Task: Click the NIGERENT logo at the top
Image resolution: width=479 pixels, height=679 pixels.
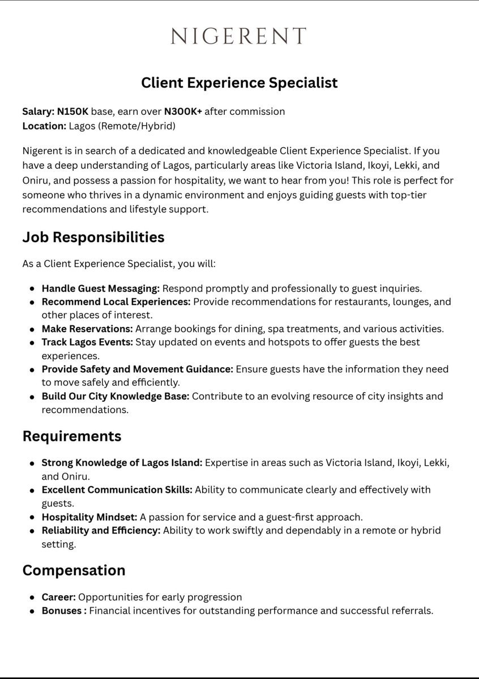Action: tap(239, 36)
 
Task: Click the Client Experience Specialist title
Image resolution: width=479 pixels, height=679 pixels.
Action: tap(239, 83)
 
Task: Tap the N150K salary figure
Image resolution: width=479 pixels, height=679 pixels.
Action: tap(72, 111)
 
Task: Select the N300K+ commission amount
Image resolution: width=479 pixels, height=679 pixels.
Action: tap(183, 111)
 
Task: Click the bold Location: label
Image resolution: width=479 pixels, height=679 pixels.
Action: tap(44, 126)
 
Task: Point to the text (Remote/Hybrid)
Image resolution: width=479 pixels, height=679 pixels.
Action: tap(136, 126)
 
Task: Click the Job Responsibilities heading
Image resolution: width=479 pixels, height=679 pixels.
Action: tap(93, 237)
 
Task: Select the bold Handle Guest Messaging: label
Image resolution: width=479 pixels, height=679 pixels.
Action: tap(100, 288)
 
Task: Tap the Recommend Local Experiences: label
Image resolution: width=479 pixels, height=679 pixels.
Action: tap(116, 302)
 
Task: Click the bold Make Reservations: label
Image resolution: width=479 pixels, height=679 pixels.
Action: tap(87, 329)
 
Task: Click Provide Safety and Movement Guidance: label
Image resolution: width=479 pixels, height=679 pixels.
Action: tap(137, 369)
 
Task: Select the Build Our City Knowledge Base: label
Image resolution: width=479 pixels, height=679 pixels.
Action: tap(115, 397)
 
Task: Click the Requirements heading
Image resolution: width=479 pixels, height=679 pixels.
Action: tap(72, 436)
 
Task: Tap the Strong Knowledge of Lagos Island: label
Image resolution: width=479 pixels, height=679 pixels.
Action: tap(122, 463)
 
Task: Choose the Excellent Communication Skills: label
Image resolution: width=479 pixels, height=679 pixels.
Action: tap(117, 490)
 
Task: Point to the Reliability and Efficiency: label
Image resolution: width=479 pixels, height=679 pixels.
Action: tap(101, 531)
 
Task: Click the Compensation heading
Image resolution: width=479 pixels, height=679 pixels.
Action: tap(74, 570)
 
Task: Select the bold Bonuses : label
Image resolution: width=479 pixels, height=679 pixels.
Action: tap(64, 611)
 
